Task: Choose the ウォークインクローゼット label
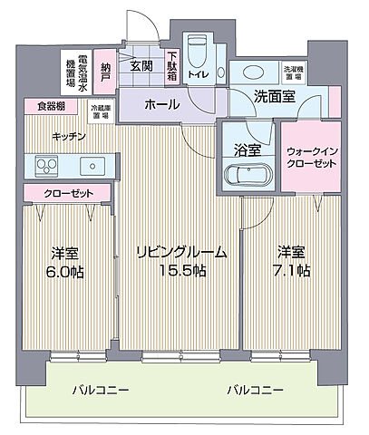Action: (311, 158)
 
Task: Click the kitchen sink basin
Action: (92, 166)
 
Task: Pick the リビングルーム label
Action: (180, 251)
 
